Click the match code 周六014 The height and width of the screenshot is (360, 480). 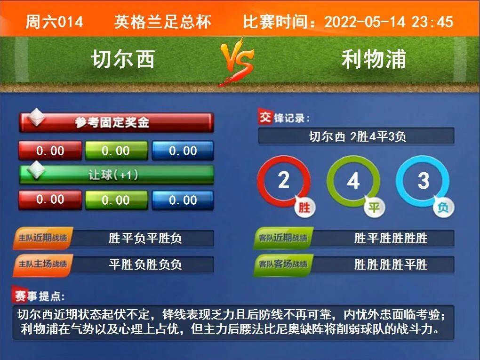54,22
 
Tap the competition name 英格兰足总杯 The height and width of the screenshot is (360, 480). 162,22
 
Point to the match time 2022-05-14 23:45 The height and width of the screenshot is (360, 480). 388,22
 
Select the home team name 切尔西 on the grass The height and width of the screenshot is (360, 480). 123,59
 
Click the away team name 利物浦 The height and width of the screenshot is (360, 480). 374,59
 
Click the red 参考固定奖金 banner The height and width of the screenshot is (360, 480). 116,122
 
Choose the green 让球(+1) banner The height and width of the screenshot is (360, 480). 116,175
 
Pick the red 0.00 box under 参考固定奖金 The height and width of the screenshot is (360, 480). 50,150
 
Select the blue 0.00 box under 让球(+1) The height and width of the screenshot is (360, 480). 183,200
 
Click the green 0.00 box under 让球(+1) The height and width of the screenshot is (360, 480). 116,200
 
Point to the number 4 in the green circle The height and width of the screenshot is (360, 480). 353,181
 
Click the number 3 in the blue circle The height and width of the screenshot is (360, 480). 424,181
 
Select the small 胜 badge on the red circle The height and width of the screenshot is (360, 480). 304,207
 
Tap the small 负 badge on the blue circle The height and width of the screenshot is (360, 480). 443,207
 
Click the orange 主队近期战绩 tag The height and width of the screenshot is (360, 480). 42,238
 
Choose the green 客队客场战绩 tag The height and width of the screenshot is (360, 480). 283,264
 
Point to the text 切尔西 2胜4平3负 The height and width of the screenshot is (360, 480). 357,136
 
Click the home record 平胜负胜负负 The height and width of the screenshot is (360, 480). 145,264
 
